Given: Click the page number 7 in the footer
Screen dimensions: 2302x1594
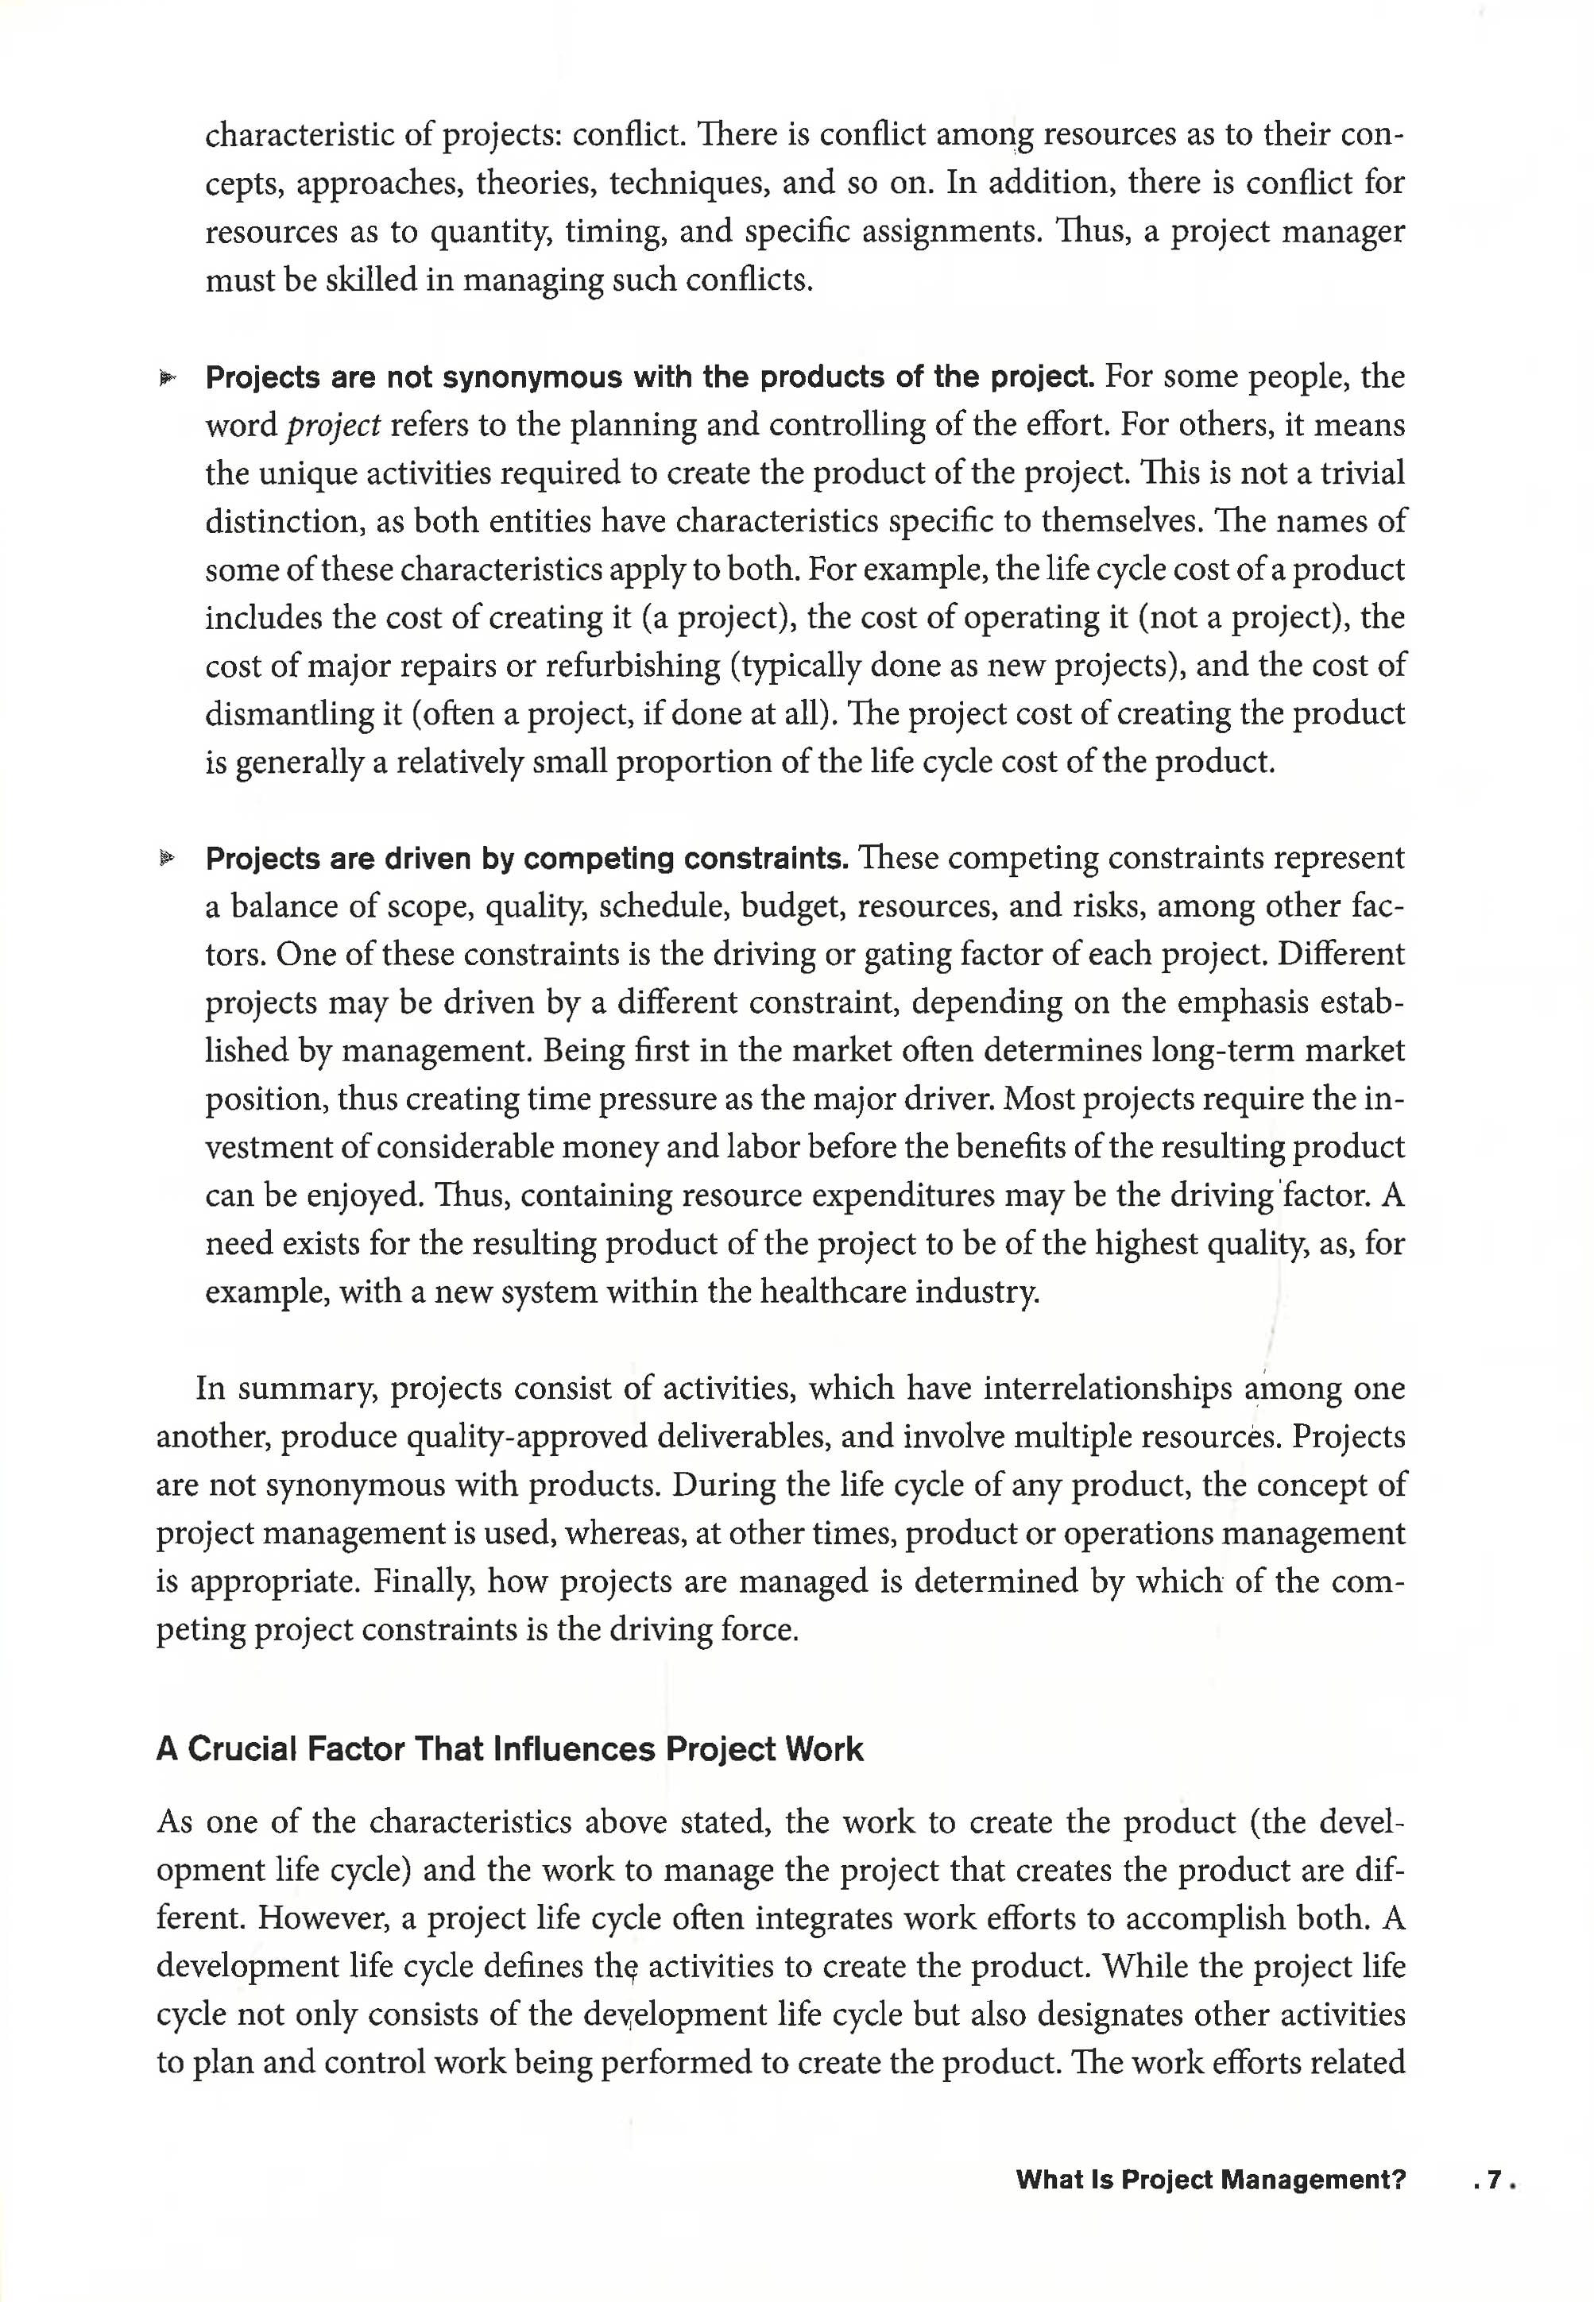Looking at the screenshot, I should click(1494, 2181).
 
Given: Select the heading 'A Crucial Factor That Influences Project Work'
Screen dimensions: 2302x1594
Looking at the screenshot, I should click(509, 1750).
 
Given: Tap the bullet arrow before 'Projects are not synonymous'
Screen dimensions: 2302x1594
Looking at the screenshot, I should click(167, 378).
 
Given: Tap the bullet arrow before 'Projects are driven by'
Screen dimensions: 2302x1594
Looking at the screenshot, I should click(167, 859).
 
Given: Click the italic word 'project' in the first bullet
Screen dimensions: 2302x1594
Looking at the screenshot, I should click(334, 427).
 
